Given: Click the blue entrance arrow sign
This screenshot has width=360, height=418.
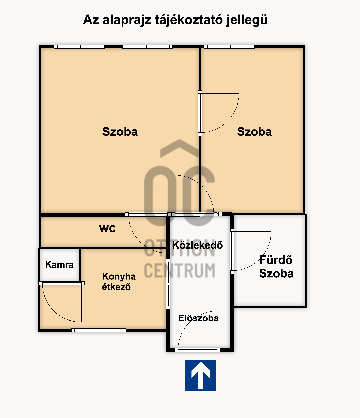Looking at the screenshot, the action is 200,375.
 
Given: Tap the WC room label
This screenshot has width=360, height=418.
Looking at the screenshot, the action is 107,229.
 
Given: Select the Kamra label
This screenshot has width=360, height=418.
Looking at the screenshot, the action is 59,265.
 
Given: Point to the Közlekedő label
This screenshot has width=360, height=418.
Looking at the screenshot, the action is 197,245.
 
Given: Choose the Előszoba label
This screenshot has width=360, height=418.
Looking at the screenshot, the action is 198,318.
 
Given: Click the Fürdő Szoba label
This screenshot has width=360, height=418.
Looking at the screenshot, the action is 276,266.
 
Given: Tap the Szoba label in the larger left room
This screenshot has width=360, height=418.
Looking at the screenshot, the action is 120,131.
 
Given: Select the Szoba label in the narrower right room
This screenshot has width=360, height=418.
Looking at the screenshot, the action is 254,131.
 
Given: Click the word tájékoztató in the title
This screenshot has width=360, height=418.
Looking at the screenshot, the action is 189,20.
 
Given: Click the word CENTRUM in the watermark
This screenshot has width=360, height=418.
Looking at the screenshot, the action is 180,271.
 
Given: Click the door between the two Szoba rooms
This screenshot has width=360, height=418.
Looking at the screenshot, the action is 219,113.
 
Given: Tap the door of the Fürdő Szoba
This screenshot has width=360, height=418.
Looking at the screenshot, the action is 251,251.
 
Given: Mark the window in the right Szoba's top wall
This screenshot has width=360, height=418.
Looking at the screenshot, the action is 229,47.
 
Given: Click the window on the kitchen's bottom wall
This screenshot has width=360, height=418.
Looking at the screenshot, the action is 99,330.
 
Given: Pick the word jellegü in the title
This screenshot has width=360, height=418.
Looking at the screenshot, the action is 247,20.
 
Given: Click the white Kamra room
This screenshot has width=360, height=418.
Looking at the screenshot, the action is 60,265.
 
